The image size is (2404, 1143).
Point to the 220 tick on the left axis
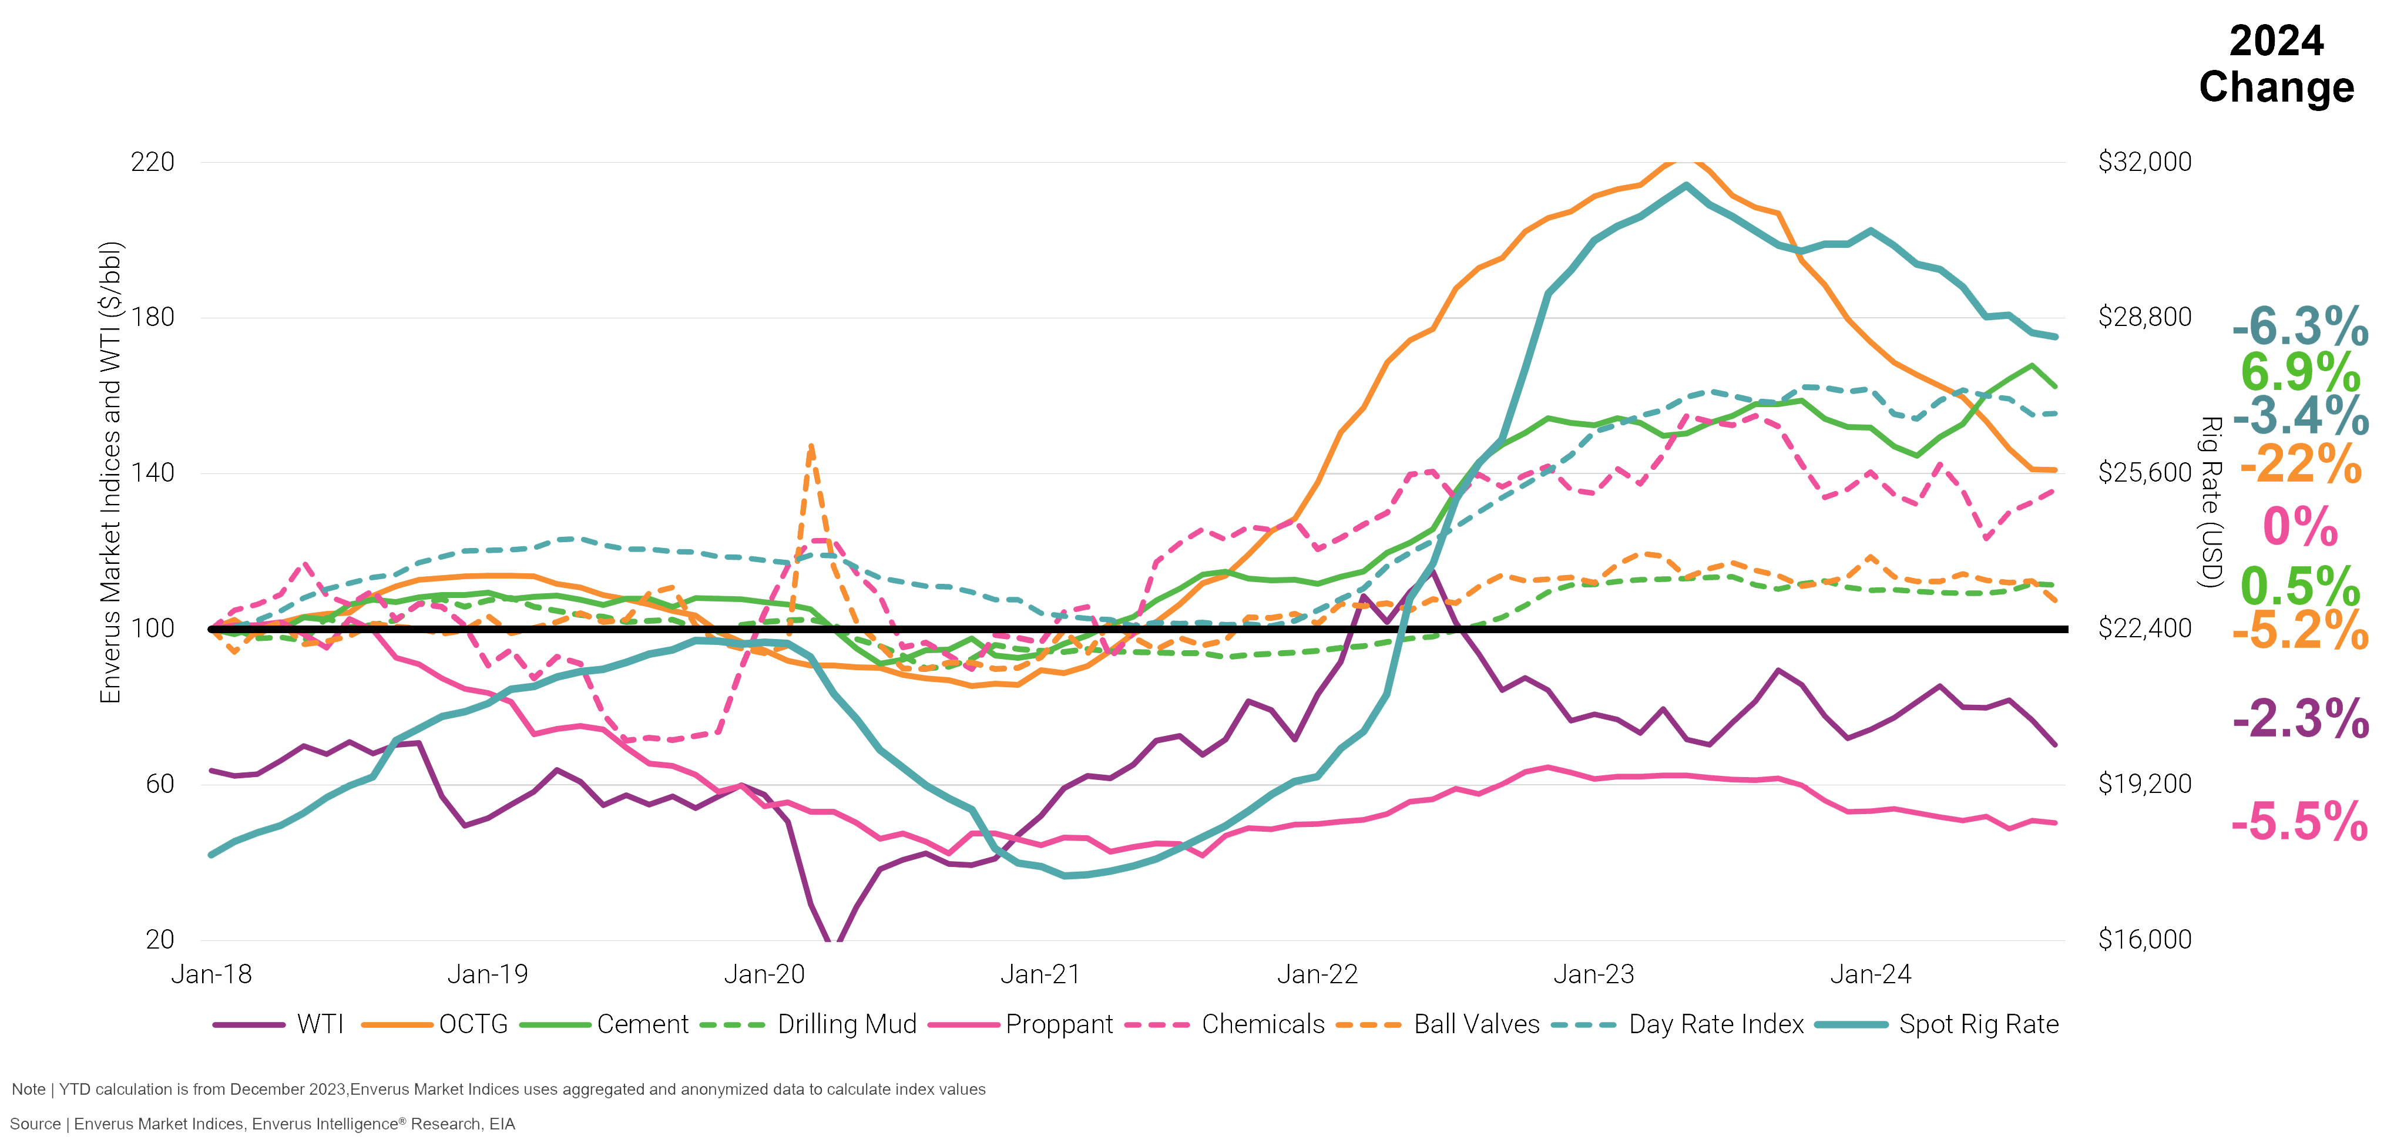click(152, 162)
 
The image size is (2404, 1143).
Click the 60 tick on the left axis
click(160, 784)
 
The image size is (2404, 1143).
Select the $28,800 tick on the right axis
click(2144, 317)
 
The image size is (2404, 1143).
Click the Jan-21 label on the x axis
click(1040, 975)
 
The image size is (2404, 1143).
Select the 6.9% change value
click(2301, 372)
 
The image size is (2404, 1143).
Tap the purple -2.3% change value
click(2301, 718)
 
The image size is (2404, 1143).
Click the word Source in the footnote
click(35, 1124)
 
